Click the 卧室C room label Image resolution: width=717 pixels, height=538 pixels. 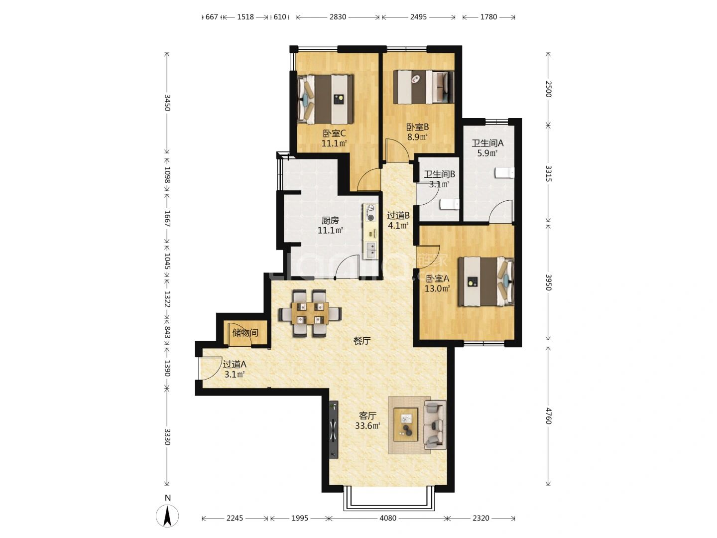pyautogui.click(x=334, y=134)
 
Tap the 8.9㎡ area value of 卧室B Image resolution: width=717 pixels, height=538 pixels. pyautogui.click(x=417, y=137)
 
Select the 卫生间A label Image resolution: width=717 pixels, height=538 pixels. pyautogui.click(x=487, y=143)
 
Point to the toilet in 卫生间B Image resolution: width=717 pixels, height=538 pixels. pyautogui.click(x=450, y=204)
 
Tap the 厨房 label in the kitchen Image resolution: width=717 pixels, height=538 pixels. pyautogui.click(x=330, y=221)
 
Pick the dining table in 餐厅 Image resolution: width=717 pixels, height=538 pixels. pyautogui.click(x=310, y=313)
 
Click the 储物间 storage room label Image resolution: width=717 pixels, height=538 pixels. pyautogui.click(x=245, y=333)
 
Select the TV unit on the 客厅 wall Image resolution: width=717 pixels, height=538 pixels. pyautogui.click(x=334, y=430)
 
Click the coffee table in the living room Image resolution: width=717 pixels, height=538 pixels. pyautogui.click(x=406, y=424)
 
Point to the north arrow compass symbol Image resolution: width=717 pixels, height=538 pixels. pyautogui.click(x=167, y=517)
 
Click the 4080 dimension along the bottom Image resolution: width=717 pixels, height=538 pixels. pyautogui.click(x=388, y=518)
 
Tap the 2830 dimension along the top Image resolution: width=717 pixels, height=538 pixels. pyautogui.click(x=338, y=17)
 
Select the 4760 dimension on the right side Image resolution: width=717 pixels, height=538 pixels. pyautogui.click(x=548, y=416)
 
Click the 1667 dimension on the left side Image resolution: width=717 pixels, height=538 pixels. pyautogui.click(x=167, y=218)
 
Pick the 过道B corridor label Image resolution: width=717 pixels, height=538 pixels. pyautogui.click(x=398, y=215)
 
